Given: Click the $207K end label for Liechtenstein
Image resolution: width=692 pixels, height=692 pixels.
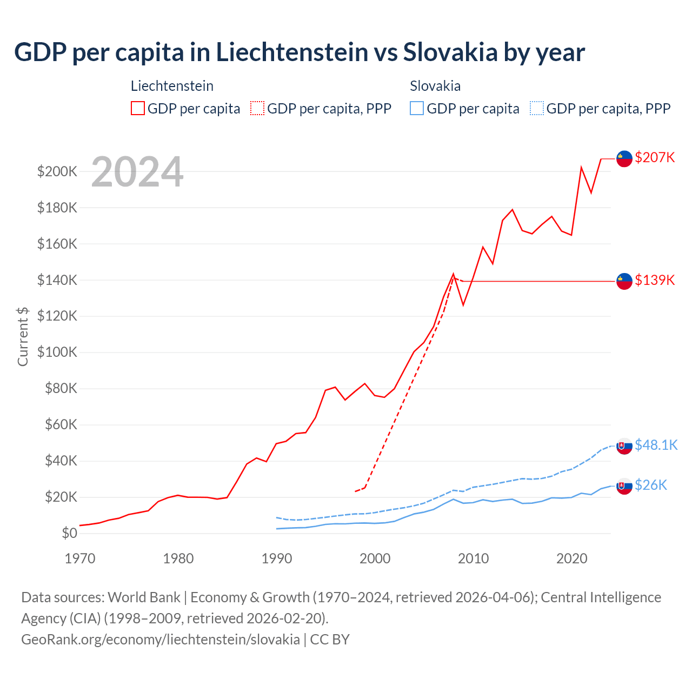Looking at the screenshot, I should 655,157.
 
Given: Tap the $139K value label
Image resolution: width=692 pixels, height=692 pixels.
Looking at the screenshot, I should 655,280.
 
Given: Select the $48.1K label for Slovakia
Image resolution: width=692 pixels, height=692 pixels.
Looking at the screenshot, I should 656,445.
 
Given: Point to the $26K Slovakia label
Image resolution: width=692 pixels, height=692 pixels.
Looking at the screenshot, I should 651,485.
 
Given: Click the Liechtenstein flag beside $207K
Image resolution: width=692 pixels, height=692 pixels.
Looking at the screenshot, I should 624,158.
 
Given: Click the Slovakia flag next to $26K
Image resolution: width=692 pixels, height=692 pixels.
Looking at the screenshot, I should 624,487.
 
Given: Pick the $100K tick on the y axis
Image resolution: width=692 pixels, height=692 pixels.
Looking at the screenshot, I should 57,352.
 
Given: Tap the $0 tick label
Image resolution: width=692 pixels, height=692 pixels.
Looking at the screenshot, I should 69,533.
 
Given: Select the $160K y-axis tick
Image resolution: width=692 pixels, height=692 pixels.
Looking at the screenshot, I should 57,244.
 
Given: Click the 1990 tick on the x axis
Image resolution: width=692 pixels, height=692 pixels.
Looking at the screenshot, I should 277,558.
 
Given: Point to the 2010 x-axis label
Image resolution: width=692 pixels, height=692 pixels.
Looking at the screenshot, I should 474,558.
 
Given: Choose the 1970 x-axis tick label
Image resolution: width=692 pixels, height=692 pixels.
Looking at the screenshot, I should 80,558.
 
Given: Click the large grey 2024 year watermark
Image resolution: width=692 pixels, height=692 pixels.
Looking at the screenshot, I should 137,172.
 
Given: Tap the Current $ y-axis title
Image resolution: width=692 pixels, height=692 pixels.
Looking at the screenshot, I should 23,336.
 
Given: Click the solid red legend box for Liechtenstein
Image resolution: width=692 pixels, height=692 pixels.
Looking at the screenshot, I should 138,109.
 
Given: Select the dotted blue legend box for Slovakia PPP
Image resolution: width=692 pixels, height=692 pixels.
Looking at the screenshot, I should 537,109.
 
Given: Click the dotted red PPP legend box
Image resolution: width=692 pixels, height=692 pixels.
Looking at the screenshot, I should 257,109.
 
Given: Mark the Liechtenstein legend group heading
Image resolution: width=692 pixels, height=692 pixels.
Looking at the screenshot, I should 172,86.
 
